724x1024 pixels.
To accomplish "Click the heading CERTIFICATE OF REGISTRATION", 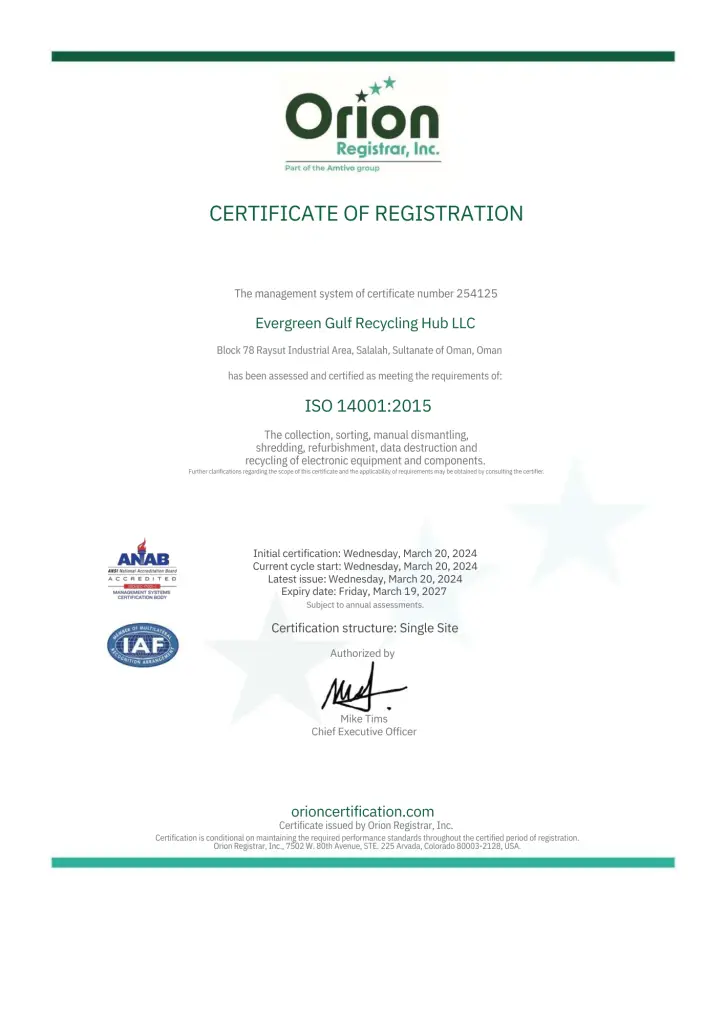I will [366, 213].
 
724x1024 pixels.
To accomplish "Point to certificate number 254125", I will [477, 294].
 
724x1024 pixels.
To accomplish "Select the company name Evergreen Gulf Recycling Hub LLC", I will [365, 323].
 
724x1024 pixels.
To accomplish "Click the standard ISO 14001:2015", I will [367, 406].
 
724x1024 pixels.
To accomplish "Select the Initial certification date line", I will [365, 553].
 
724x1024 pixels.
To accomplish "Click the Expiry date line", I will [365, 592].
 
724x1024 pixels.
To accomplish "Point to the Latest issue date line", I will [365, 579].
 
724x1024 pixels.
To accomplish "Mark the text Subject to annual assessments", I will [365, 605].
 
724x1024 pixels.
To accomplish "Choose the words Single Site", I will [429, 628].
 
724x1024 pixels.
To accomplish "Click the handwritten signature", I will [360, 690].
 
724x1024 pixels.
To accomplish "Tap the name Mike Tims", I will [364, 719].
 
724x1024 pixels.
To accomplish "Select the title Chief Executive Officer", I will [364, 732].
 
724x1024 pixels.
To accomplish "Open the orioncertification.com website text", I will [362, 811].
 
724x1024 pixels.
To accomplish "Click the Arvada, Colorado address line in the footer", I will [367, 846].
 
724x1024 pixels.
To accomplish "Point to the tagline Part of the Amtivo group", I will [332, 168].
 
